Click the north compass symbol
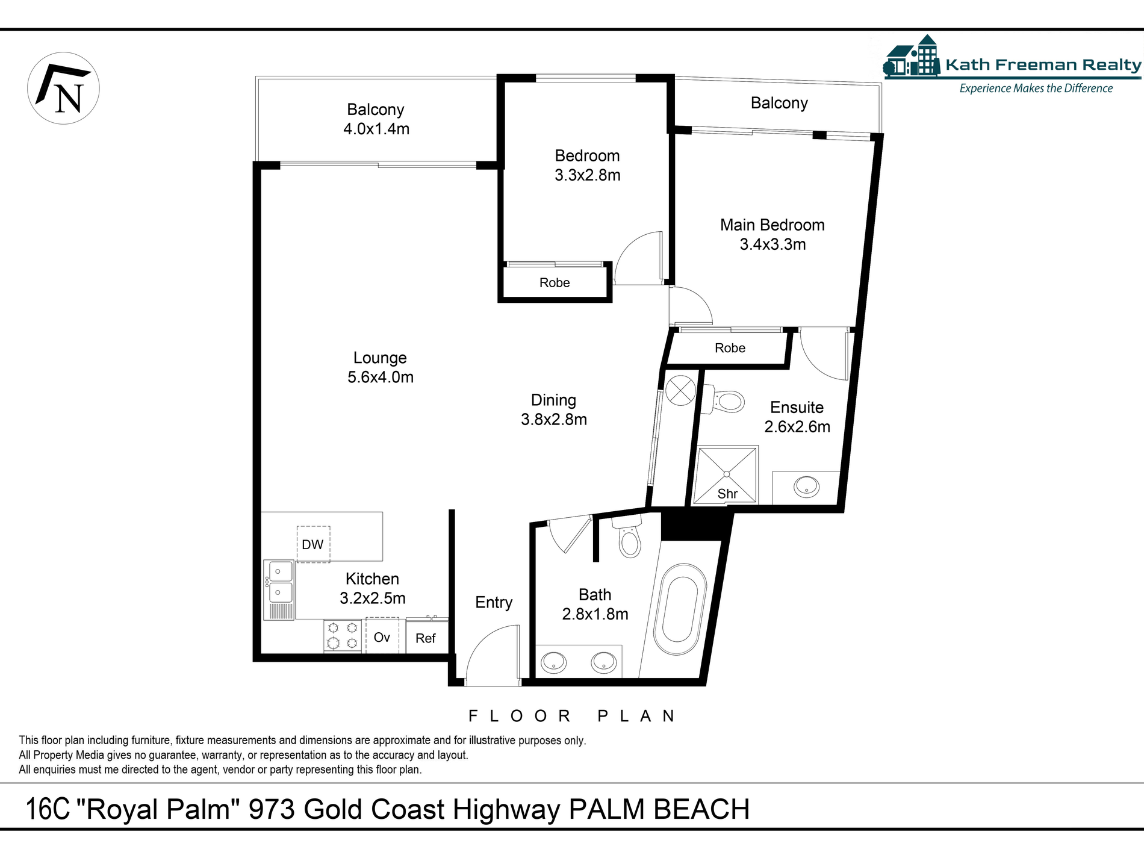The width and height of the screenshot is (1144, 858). click(x=63, y=89)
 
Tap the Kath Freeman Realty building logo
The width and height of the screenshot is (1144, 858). click(x=912, y=57)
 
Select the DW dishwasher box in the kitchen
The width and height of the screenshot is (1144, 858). click(x=313, y=544)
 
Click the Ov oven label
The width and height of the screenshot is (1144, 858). click(x=382, y=637)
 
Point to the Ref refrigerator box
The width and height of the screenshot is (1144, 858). click(x=426, y=638)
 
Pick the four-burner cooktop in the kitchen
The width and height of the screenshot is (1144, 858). click(x=343, y=636)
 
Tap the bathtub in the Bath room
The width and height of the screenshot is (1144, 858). click(x=680, y=609)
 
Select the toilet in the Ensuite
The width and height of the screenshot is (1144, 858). click(x=729, y=401)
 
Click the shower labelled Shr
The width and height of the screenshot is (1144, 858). click(x=726, y=475)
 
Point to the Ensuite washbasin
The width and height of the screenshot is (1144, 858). click(x=806, y=487)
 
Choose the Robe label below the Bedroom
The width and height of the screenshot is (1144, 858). click(x=555, y=283)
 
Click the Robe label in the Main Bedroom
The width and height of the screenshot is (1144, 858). click(x=730, y=348)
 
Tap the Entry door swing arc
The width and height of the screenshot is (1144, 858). click(x=491, y=653)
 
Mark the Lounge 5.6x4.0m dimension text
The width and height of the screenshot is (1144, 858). click(x=381, y=378)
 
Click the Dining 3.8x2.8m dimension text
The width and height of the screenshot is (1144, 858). click(x=554, y=420)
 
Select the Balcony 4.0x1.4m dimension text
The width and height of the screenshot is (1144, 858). click(x=376, y=129)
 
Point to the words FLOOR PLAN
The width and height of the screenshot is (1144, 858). click(x=571, y=716)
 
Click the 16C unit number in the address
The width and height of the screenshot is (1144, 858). click(x=48, y=810)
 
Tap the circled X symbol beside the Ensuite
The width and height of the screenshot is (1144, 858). click(x=680, y=390)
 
